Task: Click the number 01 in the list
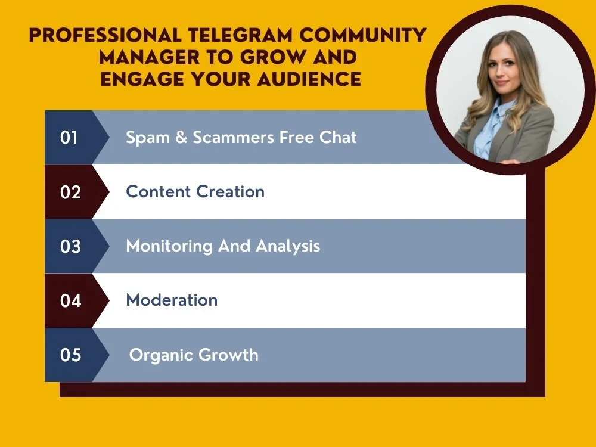(x=69, y=138)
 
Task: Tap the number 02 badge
(x=70, y=193)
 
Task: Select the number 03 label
(x=70, y=247)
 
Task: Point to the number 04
(x=70, y=301)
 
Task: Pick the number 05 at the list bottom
(x=70, y=355)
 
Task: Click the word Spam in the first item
(x=145, y=138)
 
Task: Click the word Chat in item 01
(x=337, y=138)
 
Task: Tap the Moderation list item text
(x=172, y=300)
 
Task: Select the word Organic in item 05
(x=161, y=356)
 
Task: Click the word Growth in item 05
(x=228, y=355)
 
